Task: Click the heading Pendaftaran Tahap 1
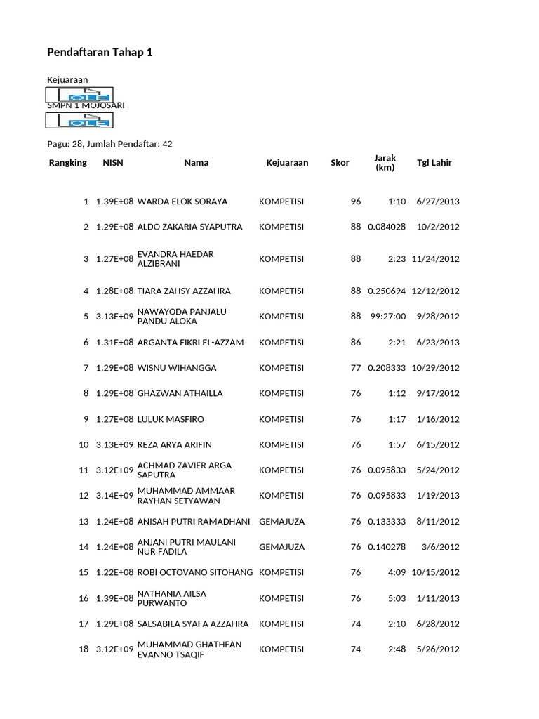(99, 52)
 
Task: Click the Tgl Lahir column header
(434, 163)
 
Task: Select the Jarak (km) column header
(385, 163)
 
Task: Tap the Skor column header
(340, 163)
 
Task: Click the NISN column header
(112, 163)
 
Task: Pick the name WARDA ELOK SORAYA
(182, 202)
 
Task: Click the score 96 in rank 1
(355, 202)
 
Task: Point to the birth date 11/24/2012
(436, 259)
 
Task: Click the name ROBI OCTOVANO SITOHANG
(195, 573)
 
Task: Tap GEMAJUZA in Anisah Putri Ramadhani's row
(281, 522)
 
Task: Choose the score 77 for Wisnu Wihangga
(355, 368)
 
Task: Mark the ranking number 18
(84, 649)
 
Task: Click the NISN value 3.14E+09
(114, 496)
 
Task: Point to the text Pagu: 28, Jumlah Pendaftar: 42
(109, 144)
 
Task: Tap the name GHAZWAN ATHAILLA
(180, 393)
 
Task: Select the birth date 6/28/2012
(438, 624)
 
